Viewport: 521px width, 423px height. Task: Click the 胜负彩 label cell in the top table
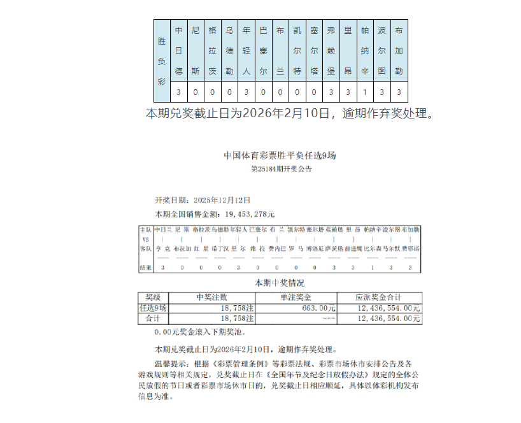pos(162,61)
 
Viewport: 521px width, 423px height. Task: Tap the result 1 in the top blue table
pos(365,92)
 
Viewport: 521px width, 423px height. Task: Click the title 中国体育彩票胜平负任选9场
pos(280,155)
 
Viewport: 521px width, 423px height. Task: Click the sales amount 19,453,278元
pos(245,214)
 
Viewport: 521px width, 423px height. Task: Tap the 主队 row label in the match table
pos(145,229)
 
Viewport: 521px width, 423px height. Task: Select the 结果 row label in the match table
pos(145,268)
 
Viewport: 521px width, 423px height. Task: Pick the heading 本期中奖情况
pos(280,283)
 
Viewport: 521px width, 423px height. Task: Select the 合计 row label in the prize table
pos(153,318)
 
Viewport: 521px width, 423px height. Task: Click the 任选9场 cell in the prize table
pos(153,308)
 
